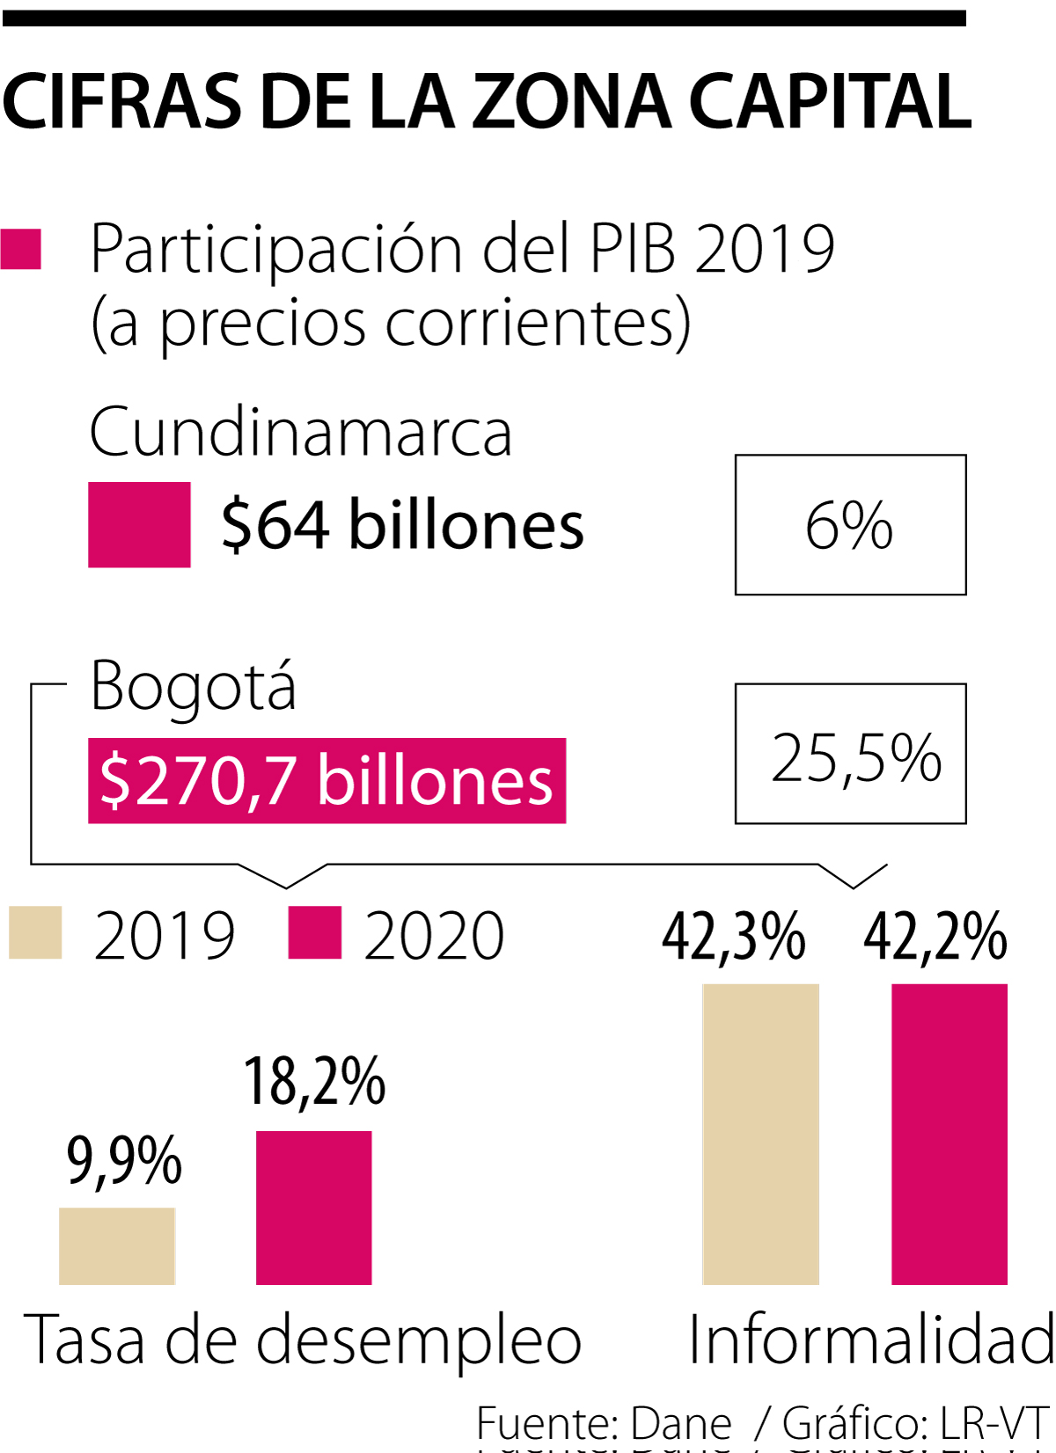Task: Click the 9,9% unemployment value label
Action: click(x=124, y=1161)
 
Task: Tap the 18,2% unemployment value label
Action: click(x=314, y=1082)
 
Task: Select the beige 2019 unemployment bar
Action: click(x=117, y=1245)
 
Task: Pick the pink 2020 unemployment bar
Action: click(x=314, y=1208)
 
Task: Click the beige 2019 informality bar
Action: click(x=761, y=1134)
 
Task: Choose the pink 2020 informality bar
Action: click(x=950, y=1134)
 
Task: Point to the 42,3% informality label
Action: click(x=733, y=936)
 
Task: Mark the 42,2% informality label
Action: click(x=935, y=936)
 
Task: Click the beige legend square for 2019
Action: click(x=35, y=932)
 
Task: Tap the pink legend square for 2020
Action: click(x=315, y=932)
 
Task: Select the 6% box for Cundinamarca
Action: click(x=850, y=525)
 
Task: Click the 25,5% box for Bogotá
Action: click(x=850, y=754)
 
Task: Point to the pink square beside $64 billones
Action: click(x=139, y=524)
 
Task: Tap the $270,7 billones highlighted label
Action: click(x=326, y=780)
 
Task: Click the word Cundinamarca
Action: click(x=300, y=432)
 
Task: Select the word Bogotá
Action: click(x=194, y=687)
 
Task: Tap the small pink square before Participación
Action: click(x=21, y=249)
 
